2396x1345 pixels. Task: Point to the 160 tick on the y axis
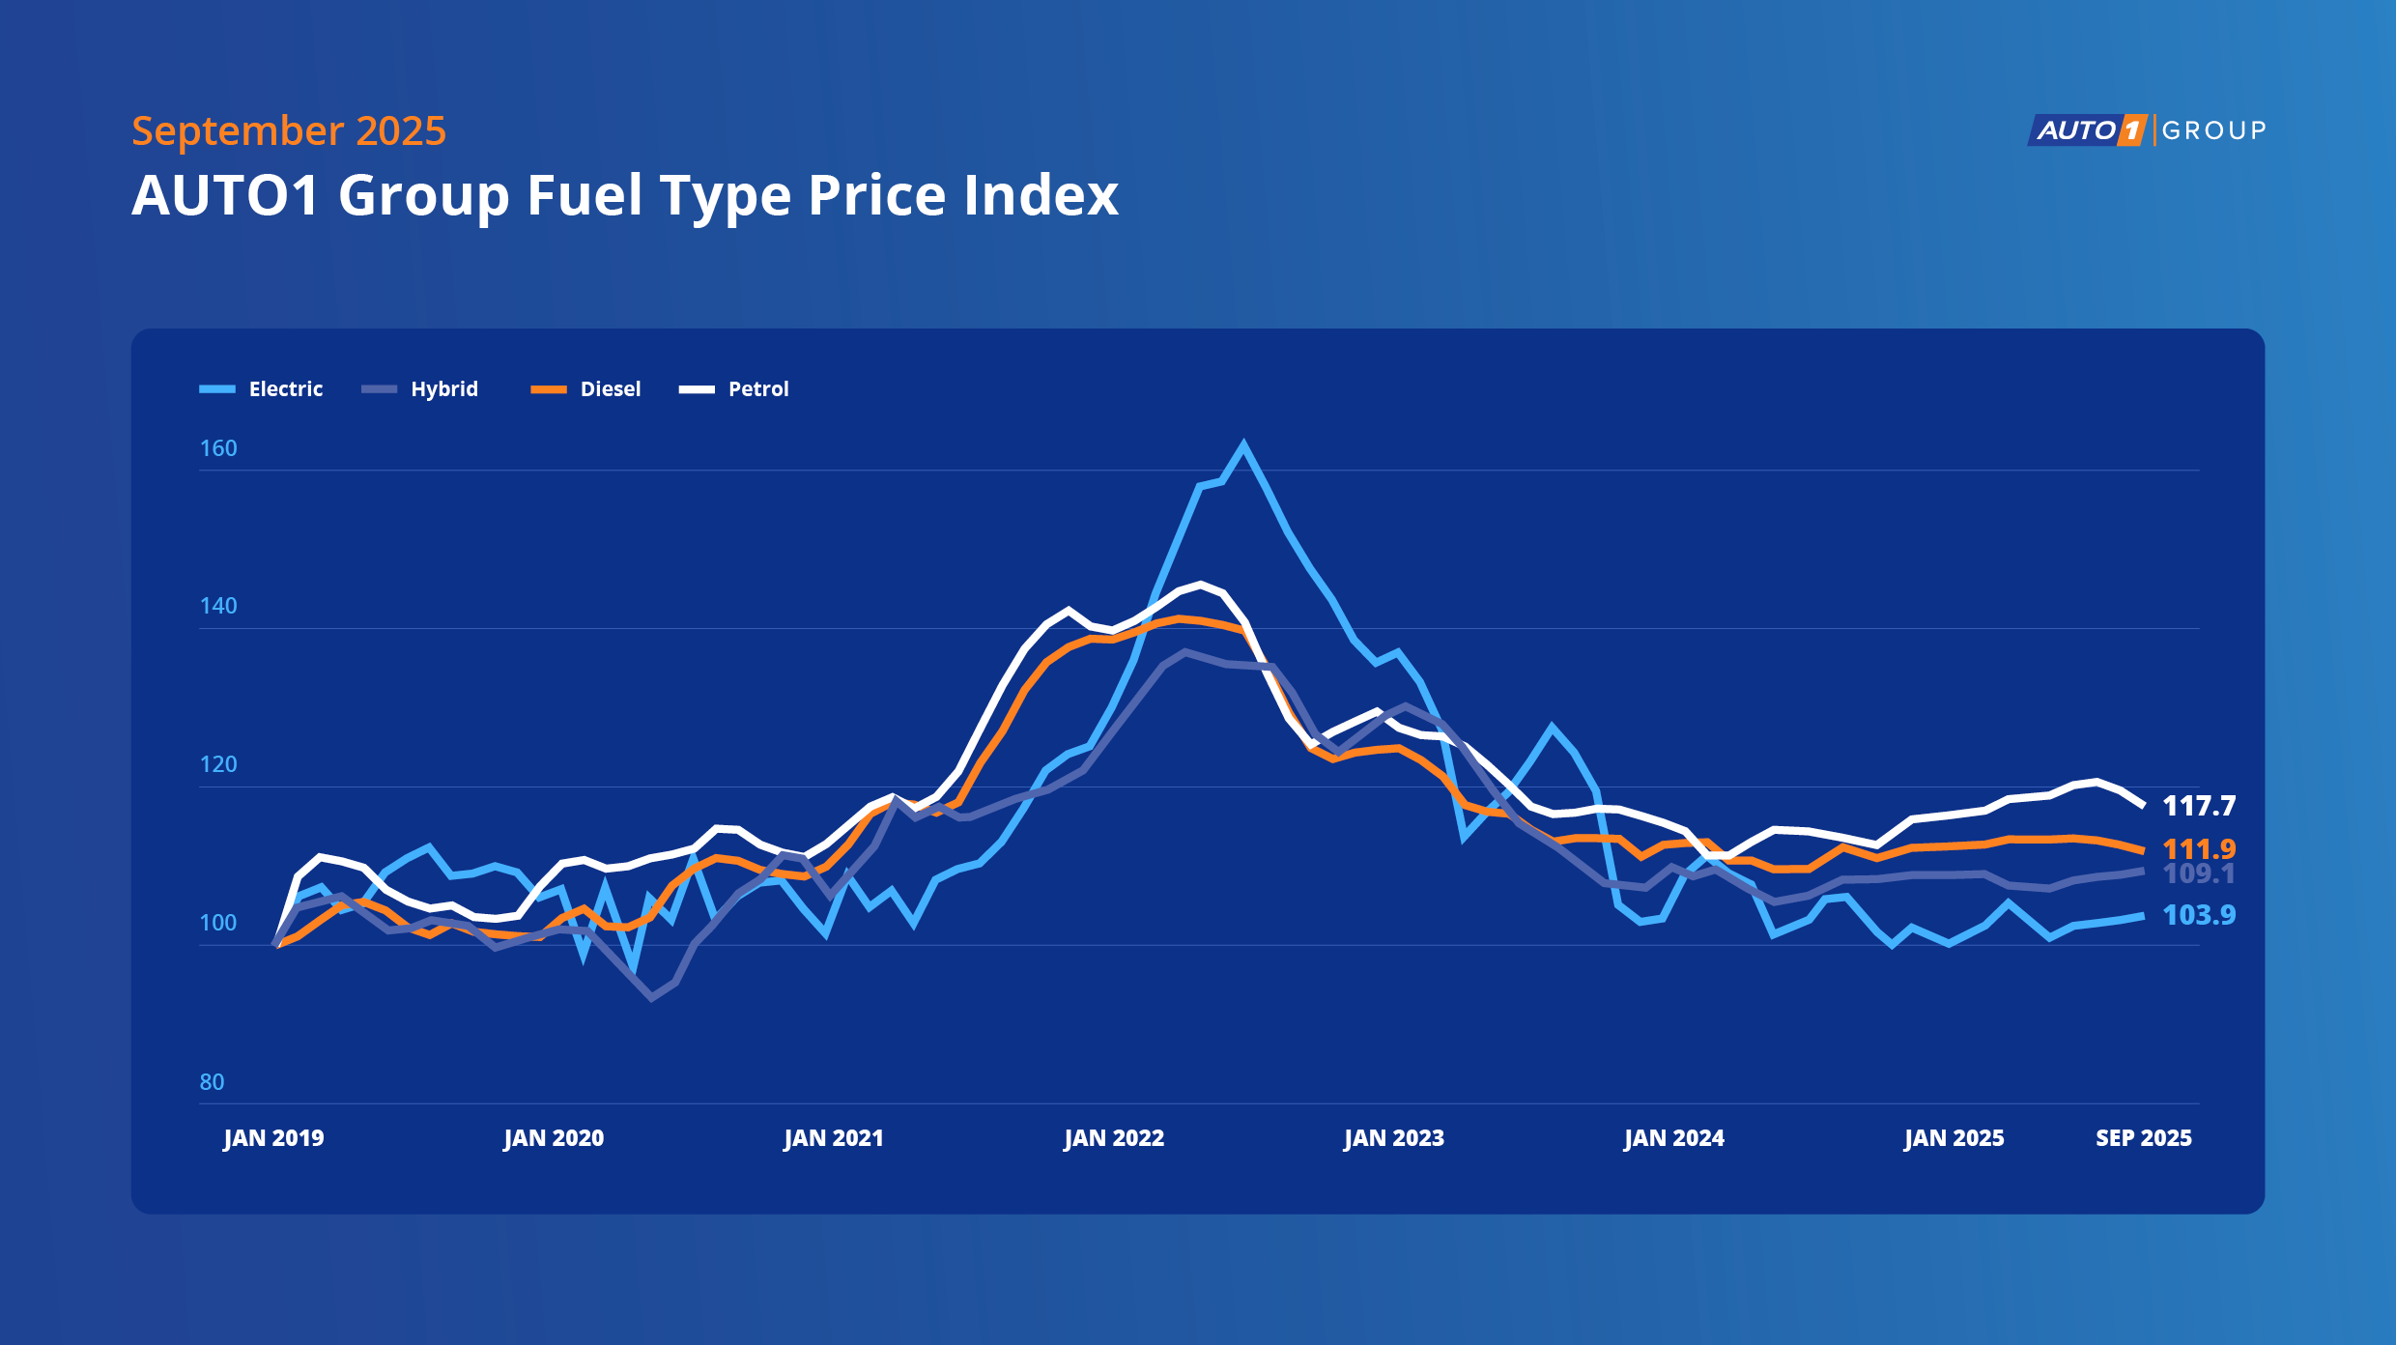(218, 448)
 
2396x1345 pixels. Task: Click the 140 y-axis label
(218, 606)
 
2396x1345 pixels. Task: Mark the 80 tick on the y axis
(212, 1082)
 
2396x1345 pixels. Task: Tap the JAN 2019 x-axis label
(273, 1138)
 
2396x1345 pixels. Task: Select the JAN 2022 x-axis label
(1114, 1138)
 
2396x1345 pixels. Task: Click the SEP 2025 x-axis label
(2143, 1138)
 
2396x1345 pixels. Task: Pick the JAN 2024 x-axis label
(1674, 1138)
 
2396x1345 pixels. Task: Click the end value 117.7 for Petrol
(2199, 806)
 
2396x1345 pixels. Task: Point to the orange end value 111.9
(2199, 849)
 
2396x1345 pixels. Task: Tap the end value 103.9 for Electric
(2199, 915)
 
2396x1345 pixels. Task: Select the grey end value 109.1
(2199, 874)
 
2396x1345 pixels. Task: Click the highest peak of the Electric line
(1242, 444)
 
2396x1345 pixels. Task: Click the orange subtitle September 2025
(289, 130)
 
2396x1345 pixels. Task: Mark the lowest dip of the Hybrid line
(652, 997)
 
